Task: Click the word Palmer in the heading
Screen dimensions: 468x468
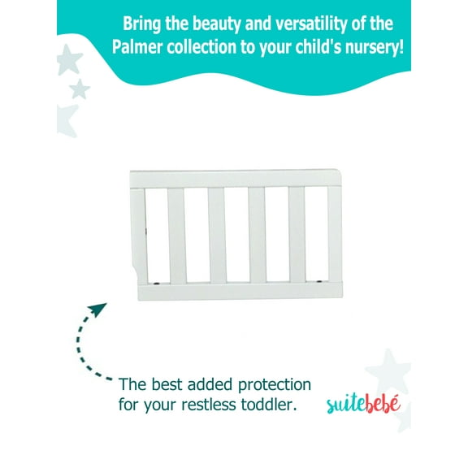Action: pos(137,45)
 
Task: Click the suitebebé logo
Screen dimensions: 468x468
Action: pos(364,404)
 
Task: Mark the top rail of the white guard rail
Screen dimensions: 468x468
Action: pos(236,178)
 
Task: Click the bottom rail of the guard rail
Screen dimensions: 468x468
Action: pos(236,291)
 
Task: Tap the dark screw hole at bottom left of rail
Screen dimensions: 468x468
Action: pos(156,284)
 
